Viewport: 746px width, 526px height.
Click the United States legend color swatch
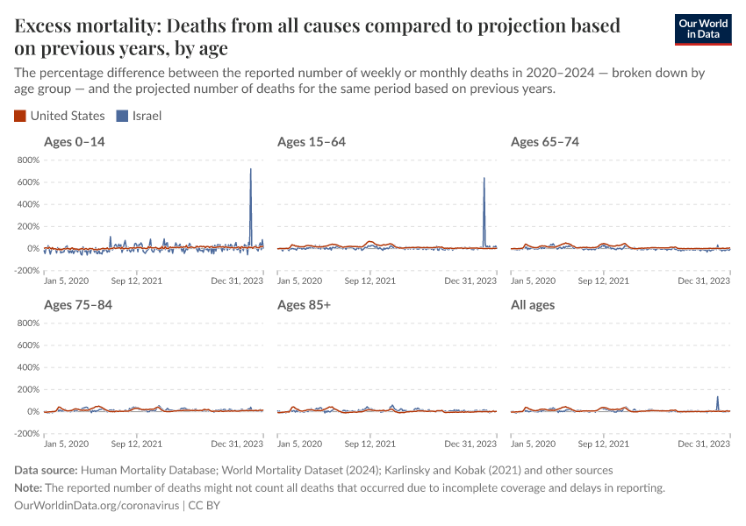20,116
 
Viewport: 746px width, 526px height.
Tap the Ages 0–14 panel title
75,142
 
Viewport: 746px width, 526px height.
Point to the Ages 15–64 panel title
311,142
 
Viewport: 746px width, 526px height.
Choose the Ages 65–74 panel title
544,142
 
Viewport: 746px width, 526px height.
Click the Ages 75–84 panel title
77,305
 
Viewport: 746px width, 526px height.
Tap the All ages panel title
533,305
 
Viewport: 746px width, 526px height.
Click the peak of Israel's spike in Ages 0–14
251,169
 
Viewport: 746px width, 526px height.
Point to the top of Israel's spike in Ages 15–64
484,179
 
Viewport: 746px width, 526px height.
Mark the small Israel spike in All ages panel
717,397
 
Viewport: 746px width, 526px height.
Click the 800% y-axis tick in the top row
27,160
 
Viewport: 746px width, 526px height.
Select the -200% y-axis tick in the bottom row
27,433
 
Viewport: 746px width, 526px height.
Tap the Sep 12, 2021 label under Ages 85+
369,444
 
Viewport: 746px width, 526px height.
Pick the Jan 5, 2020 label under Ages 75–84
66,444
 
